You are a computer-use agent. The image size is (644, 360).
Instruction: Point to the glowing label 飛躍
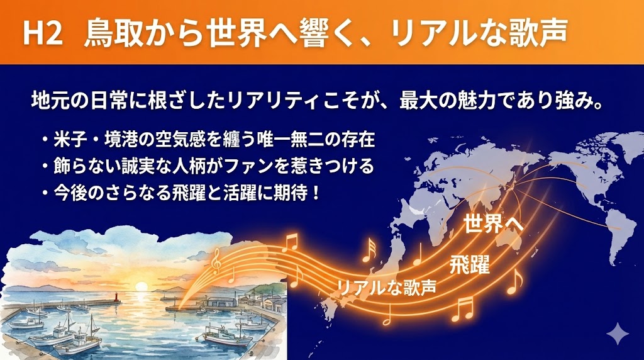tap(469, 265)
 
